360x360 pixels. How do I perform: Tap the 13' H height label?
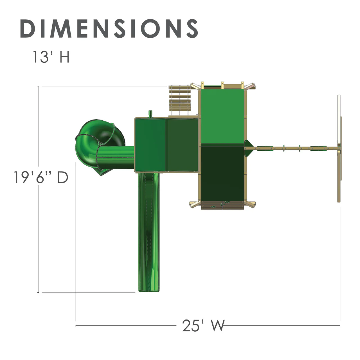coord(51,57)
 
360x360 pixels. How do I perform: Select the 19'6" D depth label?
coord(41,177)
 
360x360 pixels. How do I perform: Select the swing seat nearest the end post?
coord(318,148)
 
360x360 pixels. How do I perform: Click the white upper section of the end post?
coord(339,105)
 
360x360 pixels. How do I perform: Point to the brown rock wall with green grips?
coord(222,205)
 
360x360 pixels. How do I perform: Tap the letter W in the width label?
coord(218,326)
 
